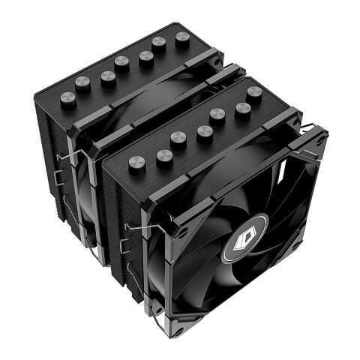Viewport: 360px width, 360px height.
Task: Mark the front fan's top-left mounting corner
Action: pyautogui.click(x=172, y=203)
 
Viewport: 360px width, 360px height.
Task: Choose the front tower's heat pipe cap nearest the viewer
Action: pyautogui.click(x=136, y=163)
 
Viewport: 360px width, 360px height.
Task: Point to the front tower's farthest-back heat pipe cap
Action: pyautogui.click(x=254, y=92)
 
